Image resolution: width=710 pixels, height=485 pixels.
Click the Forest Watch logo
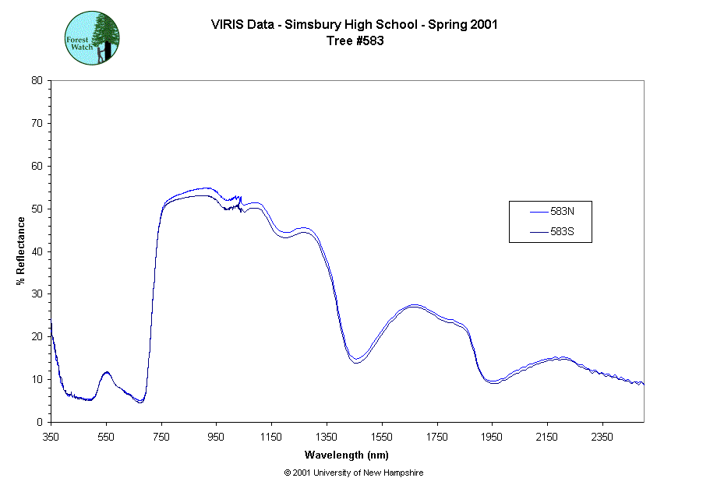pos(92,37)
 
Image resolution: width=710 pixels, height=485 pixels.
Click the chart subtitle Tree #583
pos(355,41)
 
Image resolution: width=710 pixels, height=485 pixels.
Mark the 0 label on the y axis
pos(40,422)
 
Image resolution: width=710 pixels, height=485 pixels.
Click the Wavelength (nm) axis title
pos(347,455)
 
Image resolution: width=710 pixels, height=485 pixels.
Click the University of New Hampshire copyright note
pos(354,473)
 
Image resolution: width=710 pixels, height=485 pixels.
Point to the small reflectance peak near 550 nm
pos(106,372)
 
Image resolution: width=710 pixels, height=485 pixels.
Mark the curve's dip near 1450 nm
pos(356,361)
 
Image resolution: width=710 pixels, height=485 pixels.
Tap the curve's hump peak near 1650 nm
pos(414,306)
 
